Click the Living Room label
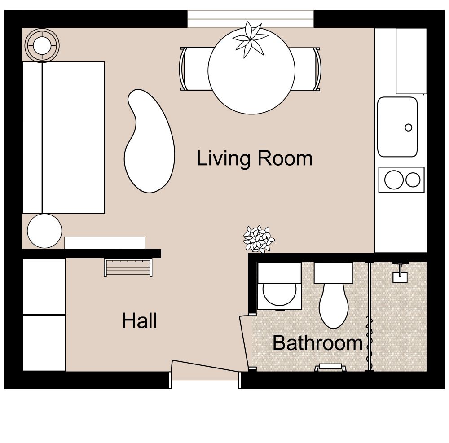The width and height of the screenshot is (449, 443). tap(254, 159)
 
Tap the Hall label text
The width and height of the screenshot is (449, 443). tap(140, 321)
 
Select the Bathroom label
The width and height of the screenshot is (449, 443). tap(317, 343)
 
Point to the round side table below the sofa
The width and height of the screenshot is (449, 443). tap(44, 231)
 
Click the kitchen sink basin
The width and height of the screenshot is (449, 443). tap(397, 127)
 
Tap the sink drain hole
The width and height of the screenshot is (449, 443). tap(408, 127)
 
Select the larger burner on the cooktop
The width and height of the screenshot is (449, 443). tap(394, 180)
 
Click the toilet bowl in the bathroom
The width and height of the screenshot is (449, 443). tap(334, 305)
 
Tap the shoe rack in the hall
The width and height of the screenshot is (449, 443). tap(128, 268)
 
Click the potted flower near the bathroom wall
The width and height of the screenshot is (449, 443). tap(258, 239)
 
